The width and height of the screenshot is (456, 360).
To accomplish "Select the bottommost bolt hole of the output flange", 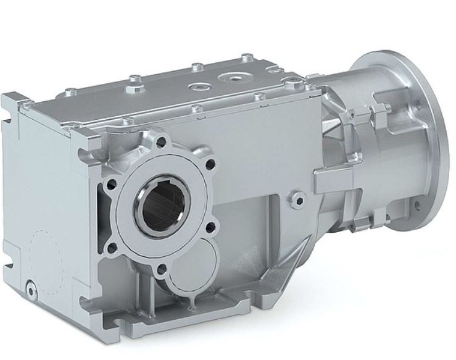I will (x=160, y=269).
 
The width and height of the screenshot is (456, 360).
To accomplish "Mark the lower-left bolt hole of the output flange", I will (x=111, y=249).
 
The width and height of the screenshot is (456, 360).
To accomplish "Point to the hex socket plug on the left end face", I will (x=30, y=286).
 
